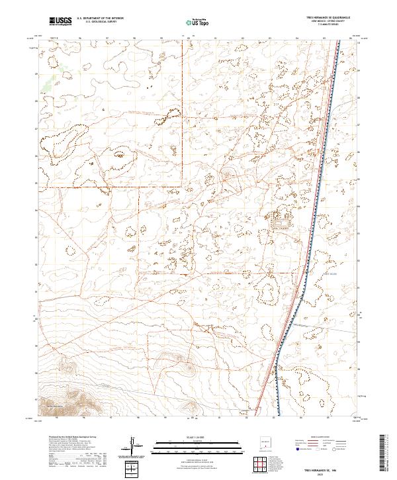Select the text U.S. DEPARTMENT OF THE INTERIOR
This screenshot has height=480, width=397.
(100, 19)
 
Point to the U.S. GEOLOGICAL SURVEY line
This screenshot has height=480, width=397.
(100, 23)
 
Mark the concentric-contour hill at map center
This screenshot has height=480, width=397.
(229, 175)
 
